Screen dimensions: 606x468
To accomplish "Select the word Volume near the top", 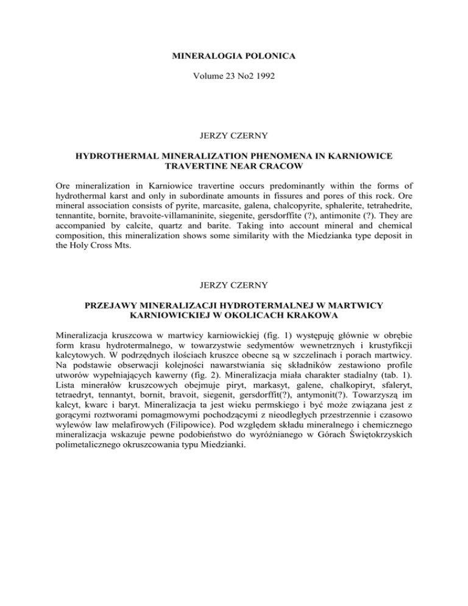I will [213, 78].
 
